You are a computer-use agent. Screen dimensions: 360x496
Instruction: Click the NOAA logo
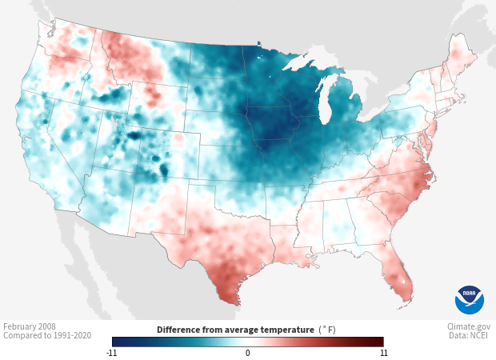click(x=469, y=299)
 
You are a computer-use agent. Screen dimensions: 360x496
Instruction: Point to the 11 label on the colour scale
click(x=383, y=352)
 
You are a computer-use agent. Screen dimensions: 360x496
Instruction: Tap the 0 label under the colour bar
click(x=248, y=352)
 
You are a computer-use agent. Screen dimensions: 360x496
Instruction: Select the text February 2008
click(x=30, y=327)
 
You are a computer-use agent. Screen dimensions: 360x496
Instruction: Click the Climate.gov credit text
click(x=469, y=327)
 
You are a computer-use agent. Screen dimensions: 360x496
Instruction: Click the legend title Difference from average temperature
click(x=234, y=329)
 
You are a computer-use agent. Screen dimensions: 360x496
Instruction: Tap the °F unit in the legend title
click(x=328, y=329)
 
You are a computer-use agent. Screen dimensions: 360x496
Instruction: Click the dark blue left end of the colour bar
click(x=117, y=342)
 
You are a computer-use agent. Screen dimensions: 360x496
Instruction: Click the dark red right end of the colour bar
click(x=379, y=342)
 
